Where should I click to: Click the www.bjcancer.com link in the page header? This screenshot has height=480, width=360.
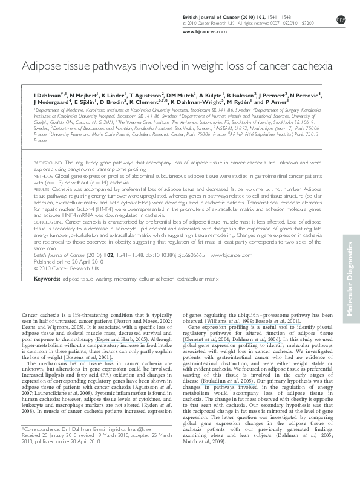point(199,30)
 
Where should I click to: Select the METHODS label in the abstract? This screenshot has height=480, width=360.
point(44,176)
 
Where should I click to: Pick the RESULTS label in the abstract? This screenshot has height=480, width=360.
point(43,189)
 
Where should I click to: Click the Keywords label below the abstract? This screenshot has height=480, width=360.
point(47,280)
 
